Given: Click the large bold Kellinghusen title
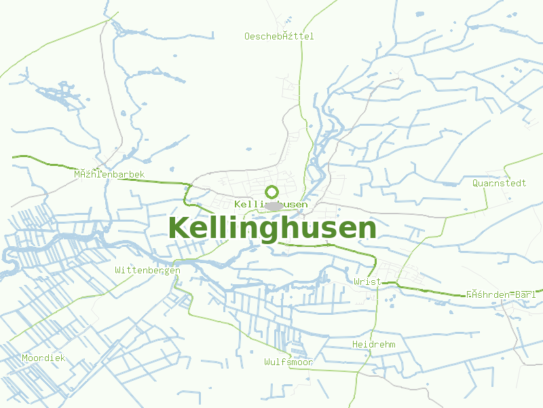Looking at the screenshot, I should point(271,228).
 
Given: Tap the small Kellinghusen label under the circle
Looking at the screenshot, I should point(270,204).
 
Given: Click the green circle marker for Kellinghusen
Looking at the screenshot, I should point(271,192).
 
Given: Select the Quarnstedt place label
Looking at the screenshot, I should point(500,183).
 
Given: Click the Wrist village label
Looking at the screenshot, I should point(367,282).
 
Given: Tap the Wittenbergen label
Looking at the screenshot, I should point(147,270).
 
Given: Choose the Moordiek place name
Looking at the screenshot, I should point(43,358).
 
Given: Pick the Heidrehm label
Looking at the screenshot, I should point(373,345).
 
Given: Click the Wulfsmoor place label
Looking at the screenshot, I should point(288,362).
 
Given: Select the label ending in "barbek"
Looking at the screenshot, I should point(109,175).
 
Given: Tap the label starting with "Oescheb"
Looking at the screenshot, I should point(279,36).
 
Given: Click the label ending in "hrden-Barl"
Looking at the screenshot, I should point(501,294).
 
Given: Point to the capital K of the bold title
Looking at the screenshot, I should point(178,228).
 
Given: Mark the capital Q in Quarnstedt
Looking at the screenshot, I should point(476,183).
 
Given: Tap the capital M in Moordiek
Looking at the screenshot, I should point(25,358).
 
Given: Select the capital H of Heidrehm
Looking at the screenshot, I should point(355,345).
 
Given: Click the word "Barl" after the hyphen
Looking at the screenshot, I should point(526,294).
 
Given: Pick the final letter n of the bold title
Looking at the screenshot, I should point(367,230).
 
